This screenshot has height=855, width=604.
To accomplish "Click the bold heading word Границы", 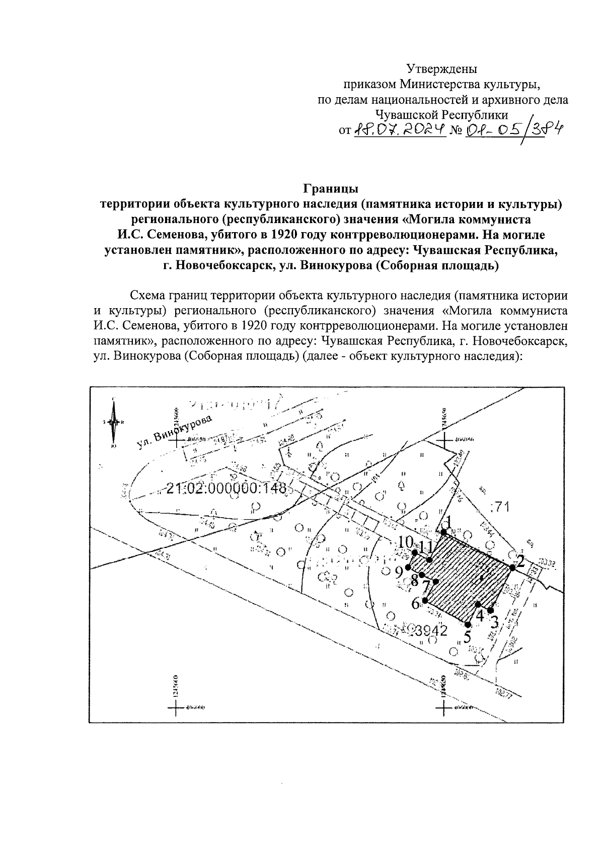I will pos(330,189).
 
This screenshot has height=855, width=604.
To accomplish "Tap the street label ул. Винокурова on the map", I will pos(174,433).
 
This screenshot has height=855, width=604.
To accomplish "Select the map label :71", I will pos(499,507).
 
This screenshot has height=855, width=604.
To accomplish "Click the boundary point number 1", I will pos(448,522).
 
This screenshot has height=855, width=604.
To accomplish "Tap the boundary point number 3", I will pos(494,622).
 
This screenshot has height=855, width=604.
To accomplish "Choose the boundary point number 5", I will pos(467,636).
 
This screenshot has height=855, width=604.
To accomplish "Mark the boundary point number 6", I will pos(416,603).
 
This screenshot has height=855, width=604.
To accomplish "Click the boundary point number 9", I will pos(399,572).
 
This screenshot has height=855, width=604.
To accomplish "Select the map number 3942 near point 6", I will pos(432,631).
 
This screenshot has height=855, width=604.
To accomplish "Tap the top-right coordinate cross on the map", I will pos(444,440).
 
